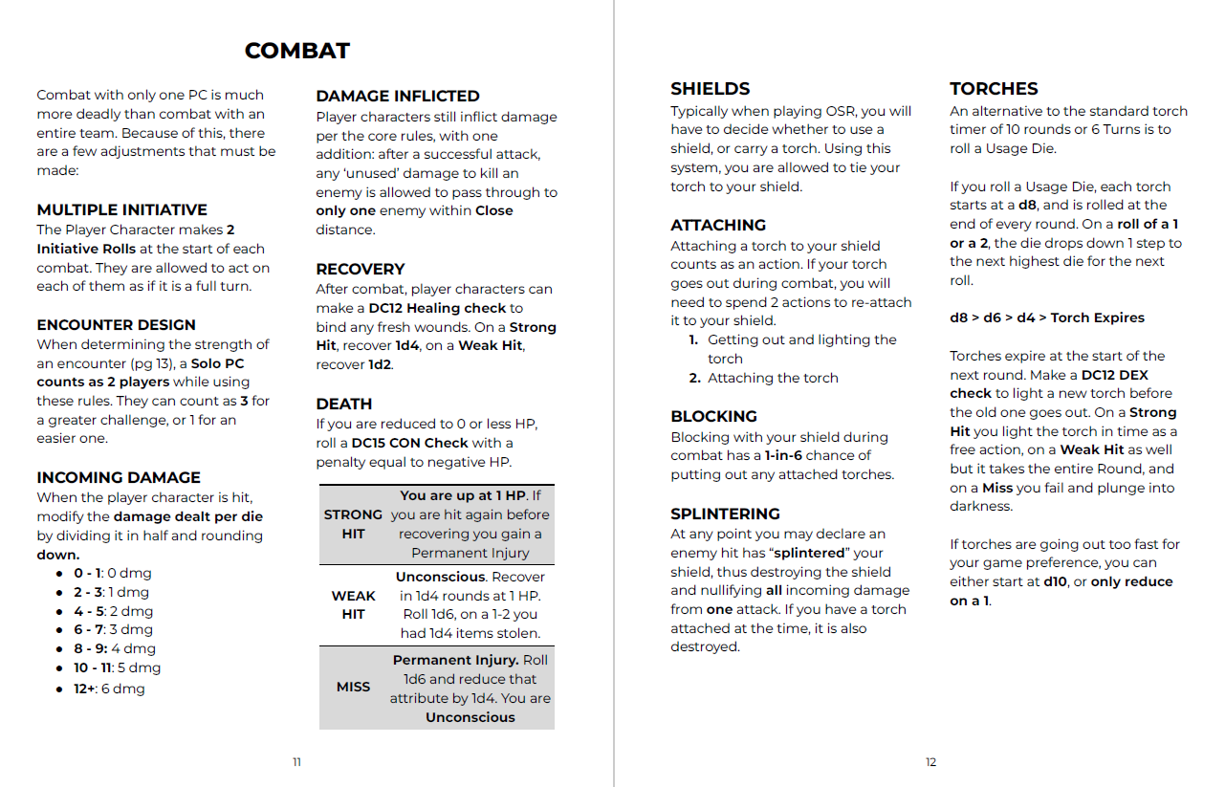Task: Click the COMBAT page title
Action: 296,51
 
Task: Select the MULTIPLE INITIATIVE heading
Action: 121,210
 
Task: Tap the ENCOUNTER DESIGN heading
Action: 116,325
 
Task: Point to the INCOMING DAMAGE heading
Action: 119,478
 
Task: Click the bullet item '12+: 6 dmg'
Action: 109,689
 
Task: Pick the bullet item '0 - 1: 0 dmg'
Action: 112,574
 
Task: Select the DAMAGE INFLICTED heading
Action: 398,97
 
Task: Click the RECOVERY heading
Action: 361,270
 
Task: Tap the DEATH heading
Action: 344,404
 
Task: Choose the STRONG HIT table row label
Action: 353,524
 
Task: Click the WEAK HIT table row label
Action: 353,604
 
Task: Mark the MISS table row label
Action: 353,688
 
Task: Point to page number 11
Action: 296,762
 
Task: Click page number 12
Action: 930,762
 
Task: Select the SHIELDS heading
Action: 710,89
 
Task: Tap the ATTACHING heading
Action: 718,226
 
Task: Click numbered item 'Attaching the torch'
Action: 773,379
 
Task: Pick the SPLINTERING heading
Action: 725,514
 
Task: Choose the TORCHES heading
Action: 994,89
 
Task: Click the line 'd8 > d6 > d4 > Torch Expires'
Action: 1046,318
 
